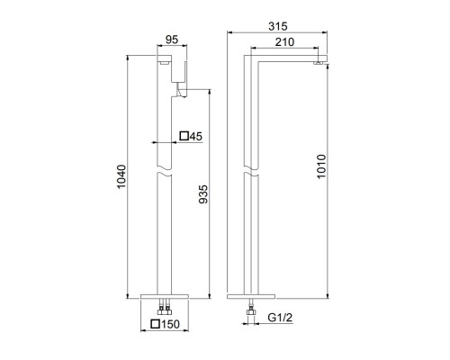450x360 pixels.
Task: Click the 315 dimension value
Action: (278, 26)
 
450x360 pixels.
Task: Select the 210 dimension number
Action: (284, 42)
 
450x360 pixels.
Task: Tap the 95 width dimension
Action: (172, 40)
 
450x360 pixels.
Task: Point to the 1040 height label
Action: (121, 176)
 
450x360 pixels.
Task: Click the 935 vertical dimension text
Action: (203, 194)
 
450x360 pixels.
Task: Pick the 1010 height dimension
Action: (321, 166)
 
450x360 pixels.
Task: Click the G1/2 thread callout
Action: (280, 318)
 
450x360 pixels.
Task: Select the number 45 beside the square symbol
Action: (196, 137)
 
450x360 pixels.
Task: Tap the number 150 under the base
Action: (170, 324)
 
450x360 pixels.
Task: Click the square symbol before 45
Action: (184, 136)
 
